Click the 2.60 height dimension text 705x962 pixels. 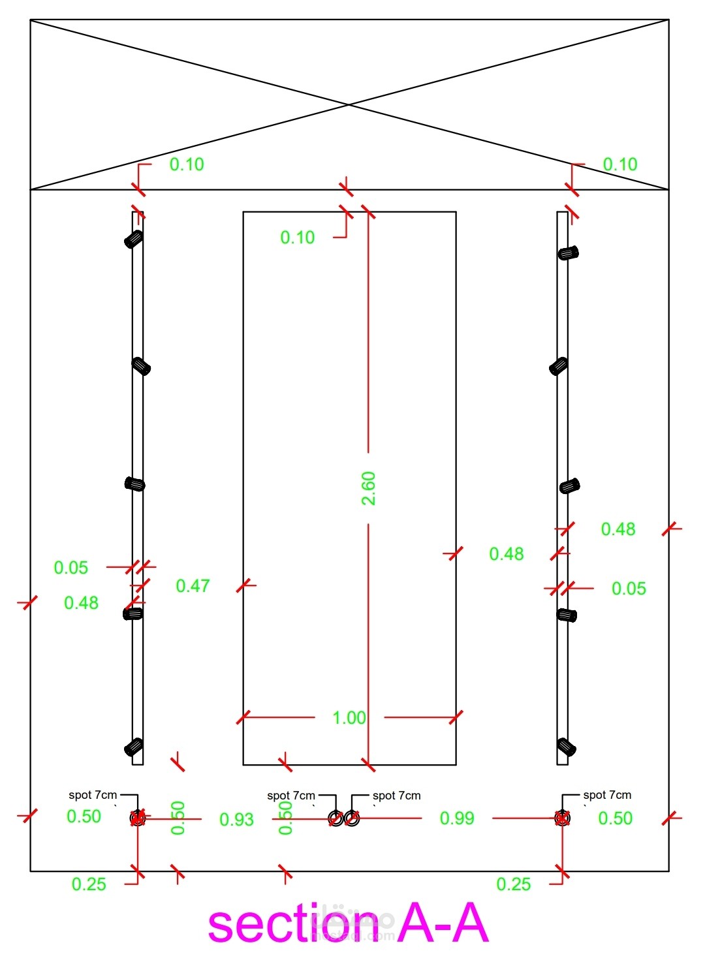[369, 488]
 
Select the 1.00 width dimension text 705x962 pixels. [349, 718]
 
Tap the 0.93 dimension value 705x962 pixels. [236, 820]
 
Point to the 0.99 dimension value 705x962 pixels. [457, 818]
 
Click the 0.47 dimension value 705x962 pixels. [193, 586]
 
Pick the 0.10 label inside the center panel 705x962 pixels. [297, 238]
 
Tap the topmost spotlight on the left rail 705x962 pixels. [134, 239]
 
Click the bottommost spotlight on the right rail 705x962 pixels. [566, 747]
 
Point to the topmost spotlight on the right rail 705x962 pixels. [568, 253]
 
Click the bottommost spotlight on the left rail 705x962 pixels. [134, 747]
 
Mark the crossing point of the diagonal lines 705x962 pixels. [349, 104]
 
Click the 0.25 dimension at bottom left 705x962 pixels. [89, 884]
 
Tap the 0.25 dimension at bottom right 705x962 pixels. [513, 884]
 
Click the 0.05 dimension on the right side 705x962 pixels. [629, 589]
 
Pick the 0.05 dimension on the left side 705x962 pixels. [71, 568]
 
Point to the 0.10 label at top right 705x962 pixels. [620, 164]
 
